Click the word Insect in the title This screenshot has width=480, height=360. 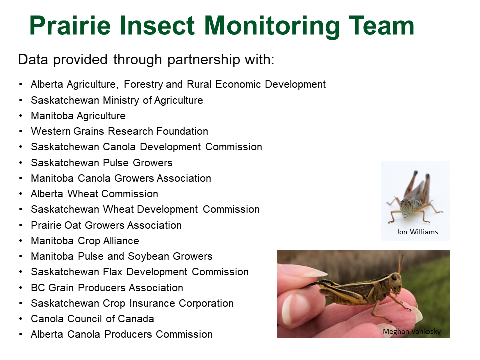157,25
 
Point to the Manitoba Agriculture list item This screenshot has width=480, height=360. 78,116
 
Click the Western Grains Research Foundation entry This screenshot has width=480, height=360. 119,131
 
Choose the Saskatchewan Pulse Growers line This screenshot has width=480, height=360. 102,163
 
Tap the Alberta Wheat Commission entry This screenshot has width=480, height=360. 94,194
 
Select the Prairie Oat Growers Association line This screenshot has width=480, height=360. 106,225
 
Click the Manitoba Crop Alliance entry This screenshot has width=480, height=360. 85,241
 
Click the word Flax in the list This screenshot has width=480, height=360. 113,272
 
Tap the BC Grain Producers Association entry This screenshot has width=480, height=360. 107,288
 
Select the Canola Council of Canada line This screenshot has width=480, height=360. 92,319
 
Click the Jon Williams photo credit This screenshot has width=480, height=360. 417,232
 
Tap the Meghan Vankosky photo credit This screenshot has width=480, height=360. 412,331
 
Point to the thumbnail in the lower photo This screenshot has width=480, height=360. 296,310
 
